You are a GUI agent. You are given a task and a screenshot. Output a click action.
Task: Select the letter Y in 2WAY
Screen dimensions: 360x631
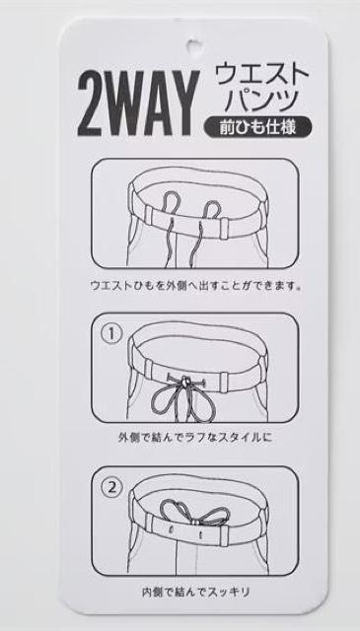[x=184, y=104]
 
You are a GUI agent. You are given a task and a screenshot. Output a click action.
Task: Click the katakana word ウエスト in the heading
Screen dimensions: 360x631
[x=261, y=74]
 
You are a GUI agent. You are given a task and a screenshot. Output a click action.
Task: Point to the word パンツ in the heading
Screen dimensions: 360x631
[x=260, y=101]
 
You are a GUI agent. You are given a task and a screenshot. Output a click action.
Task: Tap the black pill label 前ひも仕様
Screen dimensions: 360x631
[x=257, y=128]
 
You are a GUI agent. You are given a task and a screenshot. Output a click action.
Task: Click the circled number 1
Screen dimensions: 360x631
[x=112, y=333]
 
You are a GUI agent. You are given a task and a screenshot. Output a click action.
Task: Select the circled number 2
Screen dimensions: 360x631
[x=112, y=488]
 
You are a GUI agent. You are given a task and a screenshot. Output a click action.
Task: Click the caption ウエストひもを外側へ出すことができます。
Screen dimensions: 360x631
[x=195, y=286]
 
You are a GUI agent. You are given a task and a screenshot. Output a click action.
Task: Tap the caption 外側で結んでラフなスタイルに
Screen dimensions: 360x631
[x=195, y=437]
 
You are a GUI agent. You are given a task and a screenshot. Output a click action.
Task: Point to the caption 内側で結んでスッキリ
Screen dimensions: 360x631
[x=195, y=592]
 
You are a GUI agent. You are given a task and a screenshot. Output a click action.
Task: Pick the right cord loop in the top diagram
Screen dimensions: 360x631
[x=212, y=209]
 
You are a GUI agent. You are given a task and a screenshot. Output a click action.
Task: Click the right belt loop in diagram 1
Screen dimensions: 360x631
[x=224, y=381]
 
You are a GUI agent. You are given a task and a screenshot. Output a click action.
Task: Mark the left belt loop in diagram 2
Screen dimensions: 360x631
[x=149, y=524]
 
